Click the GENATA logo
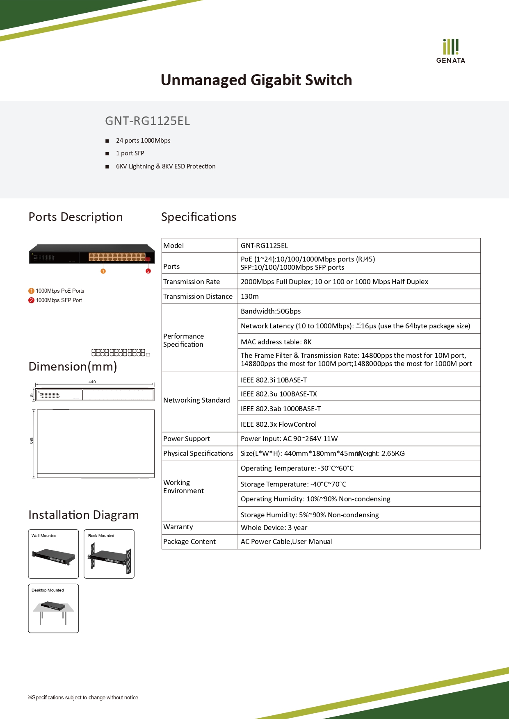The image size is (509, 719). (x=450, y=51)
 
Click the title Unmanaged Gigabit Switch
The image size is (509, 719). (x=256, y=80)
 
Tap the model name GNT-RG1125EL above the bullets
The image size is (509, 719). (x=147, y=121)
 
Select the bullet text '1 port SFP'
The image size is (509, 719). (x=130, y=153)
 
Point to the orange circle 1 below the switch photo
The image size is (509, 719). (x=103, y=271)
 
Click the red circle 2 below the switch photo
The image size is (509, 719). (x=148, y=271)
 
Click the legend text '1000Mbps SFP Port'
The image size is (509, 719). (x=59, y=300)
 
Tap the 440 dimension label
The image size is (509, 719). (x=92, y=382)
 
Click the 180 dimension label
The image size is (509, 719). (x=31, y=440)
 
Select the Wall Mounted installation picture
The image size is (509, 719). (x=53, y=554)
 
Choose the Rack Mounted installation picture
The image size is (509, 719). (x=109, y=554)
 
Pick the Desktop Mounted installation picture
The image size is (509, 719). (x=53, y=609)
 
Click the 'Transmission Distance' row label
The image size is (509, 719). (x=198, y=296)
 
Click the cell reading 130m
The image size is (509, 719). (x=250, y=296)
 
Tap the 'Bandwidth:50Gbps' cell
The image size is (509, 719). (x=271, y=311)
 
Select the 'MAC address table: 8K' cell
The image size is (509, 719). (x=276, y=342)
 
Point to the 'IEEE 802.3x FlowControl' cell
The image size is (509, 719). (x=278, y=424)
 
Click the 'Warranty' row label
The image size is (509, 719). (x=178, y=527)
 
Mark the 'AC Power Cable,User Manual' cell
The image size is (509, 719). (x=287, y=542)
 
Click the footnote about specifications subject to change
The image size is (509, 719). (x=84, y=697)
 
